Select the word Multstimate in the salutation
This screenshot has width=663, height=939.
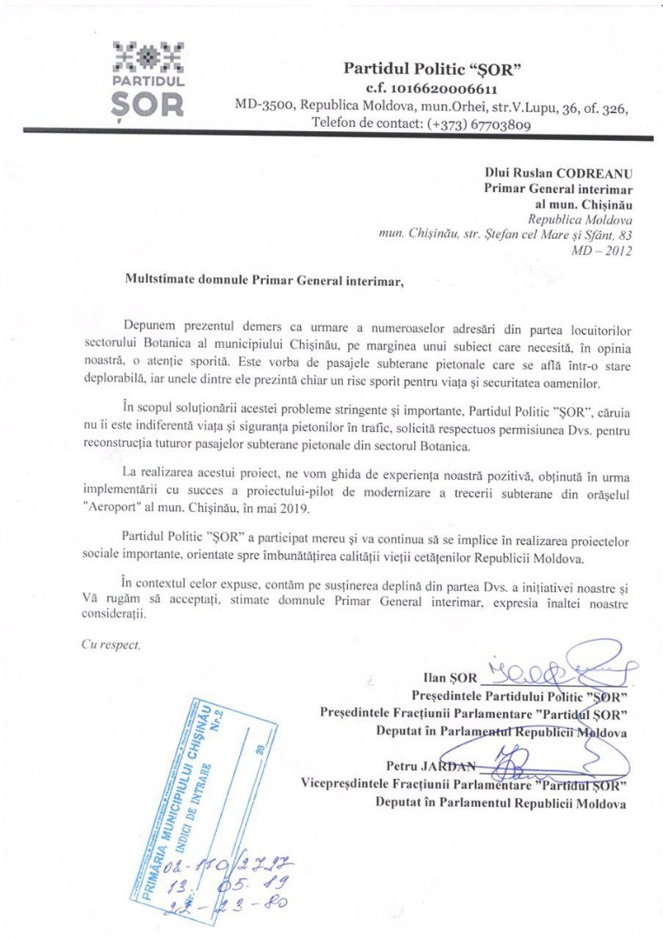161,281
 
